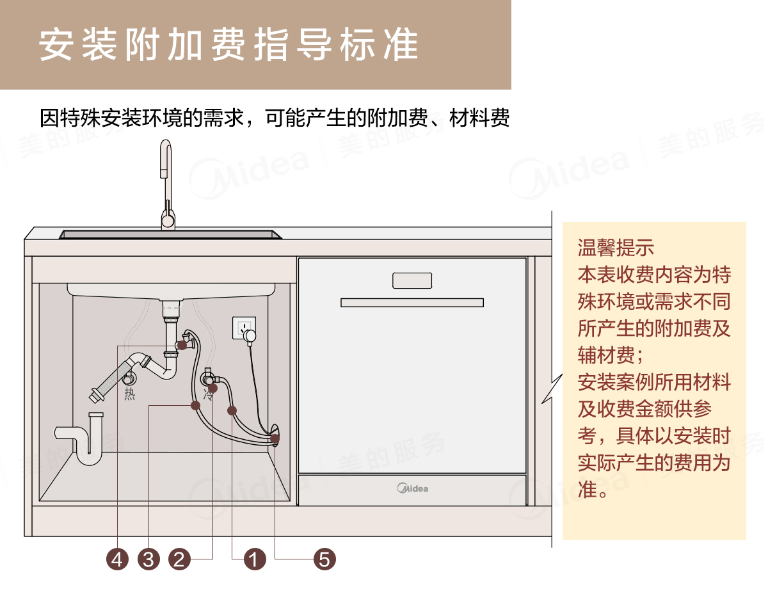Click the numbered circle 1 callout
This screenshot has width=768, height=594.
[255, 560]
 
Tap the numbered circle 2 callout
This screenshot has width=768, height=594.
[180, 560]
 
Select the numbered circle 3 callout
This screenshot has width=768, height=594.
[148, 560]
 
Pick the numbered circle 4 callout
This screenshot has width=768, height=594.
[117, 560]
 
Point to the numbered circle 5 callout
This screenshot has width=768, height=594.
[324, 560]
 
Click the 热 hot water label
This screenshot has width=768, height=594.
[130, 394]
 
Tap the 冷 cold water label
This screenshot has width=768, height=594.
[208, 396]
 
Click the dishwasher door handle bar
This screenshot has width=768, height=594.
[412, 302]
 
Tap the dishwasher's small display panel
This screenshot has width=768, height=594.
[412, 280]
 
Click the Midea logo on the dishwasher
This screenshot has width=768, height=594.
[413, 489]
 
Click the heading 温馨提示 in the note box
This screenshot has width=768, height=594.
[616, 247]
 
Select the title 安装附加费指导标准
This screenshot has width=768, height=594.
[228, 44]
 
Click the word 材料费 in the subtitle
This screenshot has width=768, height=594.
[479, 118]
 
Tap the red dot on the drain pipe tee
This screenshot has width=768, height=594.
[182, 345]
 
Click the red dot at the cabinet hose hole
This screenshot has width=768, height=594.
[275, 438]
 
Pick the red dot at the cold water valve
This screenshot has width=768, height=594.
[213, 388]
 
